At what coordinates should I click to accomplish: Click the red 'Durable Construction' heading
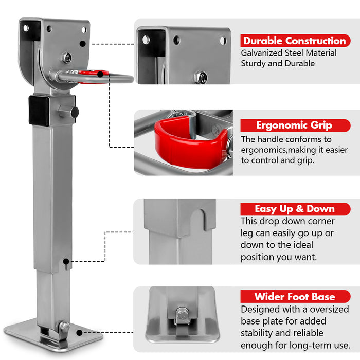[294, 41]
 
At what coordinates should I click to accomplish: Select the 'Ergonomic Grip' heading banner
[294, 125]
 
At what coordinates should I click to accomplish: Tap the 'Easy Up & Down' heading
[294, 209]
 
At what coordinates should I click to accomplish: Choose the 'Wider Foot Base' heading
[294, 297]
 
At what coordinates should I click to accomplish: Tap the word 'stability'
[258, 333]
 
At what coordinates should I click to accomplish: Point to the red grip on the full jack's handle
[93, 75]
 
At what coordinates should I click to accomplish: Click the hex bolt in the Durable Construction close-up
[201, 77]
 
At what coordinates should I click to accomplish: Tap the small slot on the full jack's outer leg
[67, 264]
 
